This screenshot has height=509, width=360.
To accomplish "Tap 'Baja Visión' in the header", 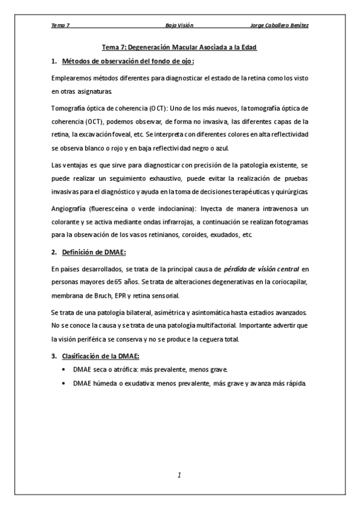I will pos(179,26).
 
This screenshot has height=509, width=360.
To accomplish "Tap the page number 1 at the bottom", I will pos(179,475).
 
